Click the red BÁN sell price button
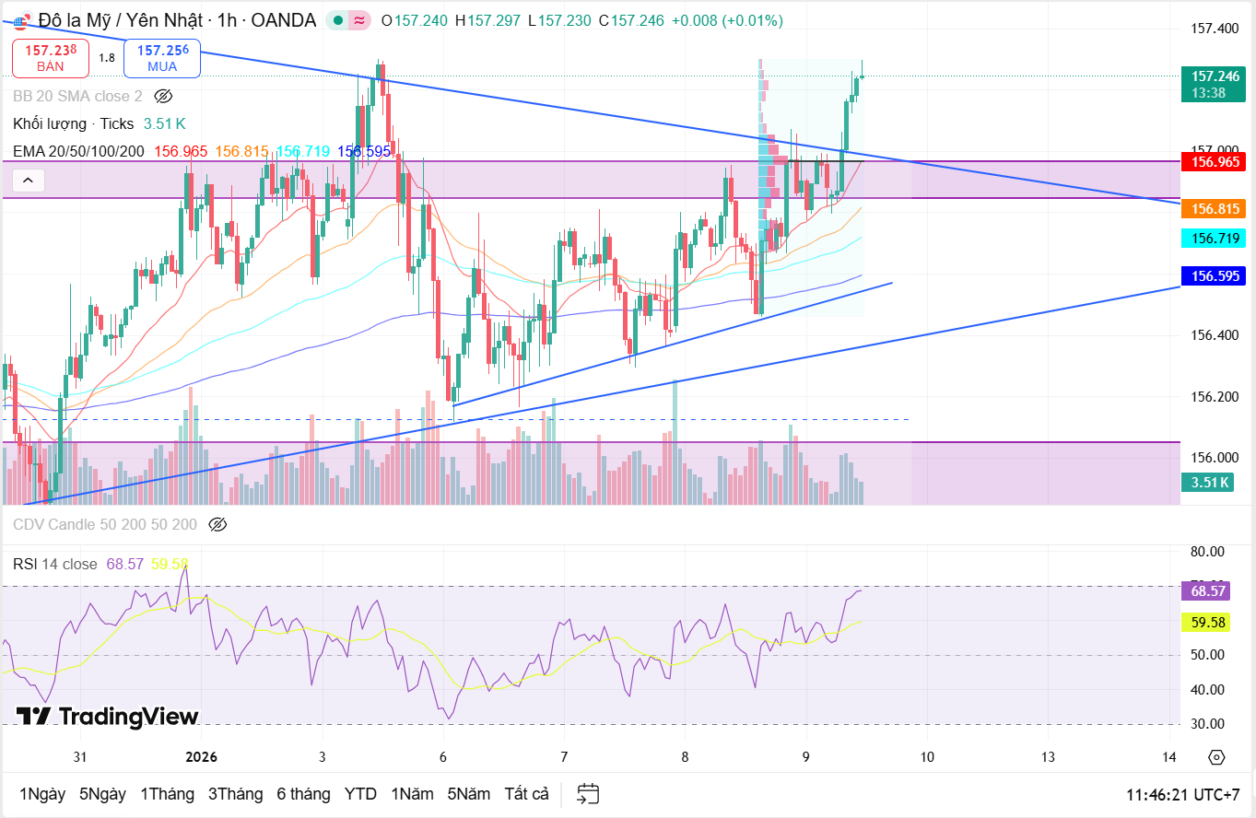[x=51, y=57]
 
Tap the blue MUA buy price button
[x=162, y=57]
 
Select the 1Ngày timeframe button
[x=42, y=794]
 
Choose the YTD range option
[x=360, y=794]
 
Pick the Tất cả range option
[x=526, y=794]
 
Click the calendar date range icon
[x=588, y=794]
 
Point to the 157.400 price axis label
[x=1214, y=29]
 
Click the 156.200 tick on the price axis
[x=1214, y=397]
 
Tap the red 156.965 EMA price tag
[x=1214, y=162]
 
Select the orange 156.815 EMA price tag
[x=1214, y=209]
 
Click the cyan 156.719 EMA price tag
[x=1214, y=239]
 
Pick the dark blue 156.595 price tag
[x=1214, y=275]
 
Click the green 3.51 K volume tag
[x=1209, y=483]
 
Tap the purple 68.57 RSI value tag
[x=1208, y=591]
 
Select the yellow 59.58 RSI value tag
[x=1208, y=623]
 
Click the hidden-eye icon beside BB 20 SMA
[x=163, y=96]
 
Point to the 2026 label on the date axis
[x=201, y=757]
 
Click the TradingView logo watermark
[x=107, y=717]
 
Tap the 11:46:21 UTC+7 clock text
[x=1182, y=794]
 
